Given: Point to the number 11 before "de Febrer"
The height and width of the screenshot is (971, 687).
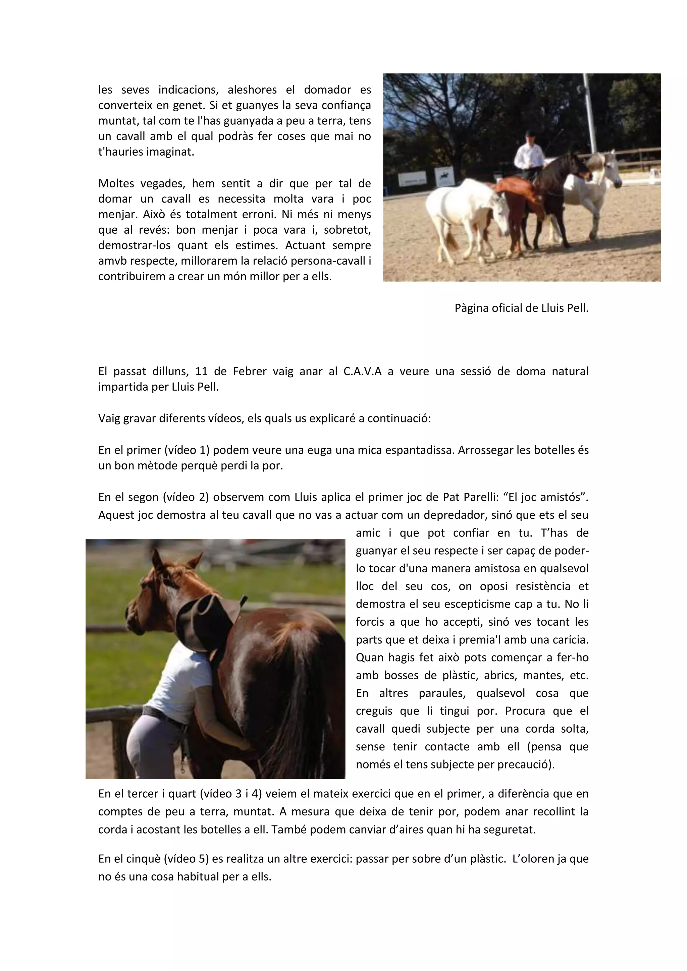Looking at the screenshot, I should [x=201, y=371].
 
